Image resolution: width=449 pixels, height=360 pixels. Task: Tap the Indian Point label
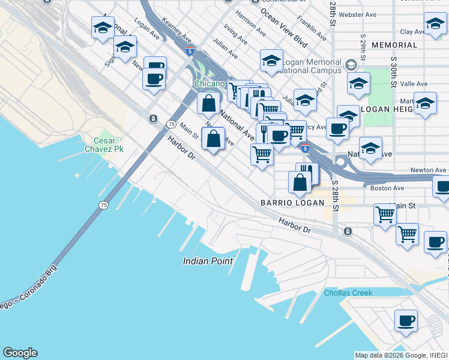click(207, 261)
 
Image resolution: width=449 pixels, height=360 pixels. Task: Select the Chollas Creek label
click(348, 293)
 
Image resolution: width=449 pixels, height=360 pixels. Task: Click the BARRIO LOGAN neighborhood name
click(292, 203)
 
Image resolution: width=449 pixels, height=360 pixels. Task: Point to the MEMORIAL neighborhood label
click(394, 45)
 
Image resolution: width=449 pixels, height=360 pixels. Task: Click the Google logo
click(20, 353)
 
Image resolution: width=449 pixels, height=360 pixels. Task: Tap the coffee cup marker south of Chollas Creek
click(406, 321)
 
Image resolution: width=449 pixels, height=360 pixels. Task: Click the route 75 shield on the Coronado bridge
click(104, 205)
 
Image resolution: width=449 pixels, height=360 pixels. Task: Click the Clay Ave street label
click(412, 32)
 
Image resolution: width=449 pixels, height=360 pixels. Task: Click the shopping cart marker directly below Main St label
click(384, 214)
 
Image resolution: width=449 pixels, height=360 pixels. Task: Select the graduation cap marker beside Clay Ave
click(435, 25)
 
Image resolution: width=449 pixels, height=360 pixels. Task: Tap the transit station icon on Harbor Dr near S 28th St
click(347, 231)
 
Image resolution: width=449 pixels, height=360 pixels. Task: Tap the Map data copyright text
click(400, 355)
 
